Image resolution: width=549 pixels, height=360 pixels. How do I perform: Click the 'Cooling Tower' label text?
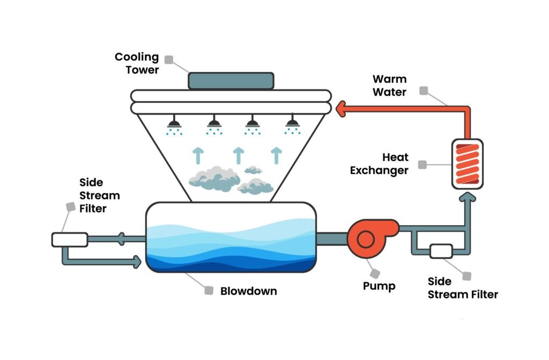(x=137, y=63)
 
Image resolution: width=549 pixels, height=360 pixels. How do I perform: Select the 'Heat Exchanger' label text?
(x=379, y=164)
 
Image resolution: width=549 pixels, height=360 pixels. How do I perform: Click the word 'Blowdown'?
(x=249, y=291)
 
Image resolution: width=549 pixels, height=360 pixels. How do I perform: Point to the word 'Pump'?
(x=379, y=286)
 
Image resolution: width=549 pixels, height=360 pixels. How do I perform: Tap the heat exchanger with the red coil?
(x=468, y=163)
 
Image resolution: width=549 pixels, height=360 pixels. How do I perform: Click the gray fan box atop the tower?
(x=231, y=81)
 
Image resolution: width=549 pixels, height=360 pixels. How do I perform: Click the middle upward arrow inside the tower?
(x=238, y=155)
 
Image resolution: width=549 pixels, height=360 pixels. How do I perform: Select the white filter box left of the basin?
(x=70, y=239)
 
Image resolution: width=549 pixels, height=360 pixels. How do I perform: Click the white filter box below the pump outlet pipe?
(x=441, y=251)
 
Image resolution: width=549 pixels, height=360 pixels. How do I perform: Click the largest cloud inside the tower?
(x=214, y=178)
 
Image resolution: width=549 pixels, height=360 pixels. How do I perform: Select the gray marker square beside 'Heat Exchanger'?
(x=422, y=164)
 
